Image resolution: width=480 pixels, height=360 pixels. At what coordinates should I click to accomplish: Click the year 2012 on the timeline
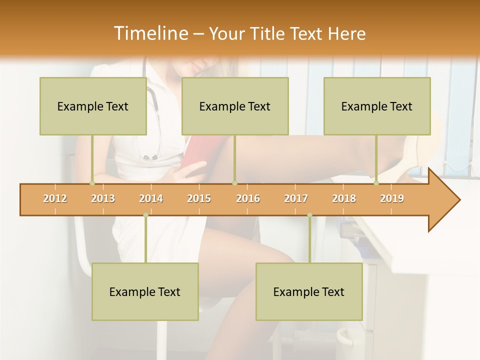click(x=55, y=198)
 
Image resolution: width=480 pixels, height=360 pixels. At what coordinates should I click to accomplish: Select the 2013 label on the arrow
click(x=103, y=198)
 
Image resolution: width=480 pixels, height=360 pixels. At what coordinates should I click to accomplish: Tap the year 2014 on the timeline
click(x=151, y=198)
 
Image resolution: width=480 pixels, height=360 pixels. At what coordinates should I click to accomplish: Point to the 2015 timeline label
click(x=199, y=198)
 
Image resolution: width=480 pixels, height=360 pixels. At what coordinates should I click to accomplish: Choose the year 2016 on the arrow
click(x=248, y=198)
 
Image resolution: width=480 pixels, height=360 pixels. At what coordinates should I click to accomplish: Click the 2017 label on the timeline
click(x=296, y=198)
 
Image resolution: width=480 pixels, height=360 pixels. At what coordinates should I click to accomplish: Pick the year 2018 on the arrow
click(x=344, y=198)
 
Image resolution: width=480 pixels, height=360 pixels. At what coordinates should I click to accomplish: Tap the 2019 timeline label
click(x=392, y=198)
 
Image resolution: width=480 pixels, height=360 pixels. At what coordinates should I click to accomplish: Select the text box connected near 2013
click(x=93, y=106)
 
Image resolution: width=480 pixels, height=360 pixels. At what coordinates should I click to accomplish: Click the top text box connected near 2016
click(x=235, y=106)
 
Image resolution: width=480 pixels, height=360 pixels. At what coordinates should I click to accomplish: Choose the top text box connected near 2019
click(x=377, y=106)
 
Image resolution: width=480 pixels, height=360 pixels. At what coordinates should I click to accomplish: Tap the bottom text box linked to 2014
click(x=145, y=291)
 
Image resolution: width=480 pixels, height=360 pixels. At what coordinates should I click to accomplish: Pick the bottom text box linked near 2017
click(x=309, y=291)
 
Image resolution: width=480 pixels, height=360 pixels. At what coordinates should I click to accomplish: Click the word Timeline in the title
click(x=149, y=33)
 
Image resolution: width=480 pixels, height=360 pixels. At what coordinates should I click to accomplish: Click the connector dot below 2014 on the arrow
click(x=145, y=215)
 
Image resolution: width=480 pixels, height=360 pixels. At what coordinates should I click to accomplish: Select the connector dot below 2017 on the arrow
click(x=309, y=215)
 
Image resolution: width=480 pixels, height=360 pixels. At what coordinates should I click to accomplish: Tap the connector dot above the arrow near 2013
click(x=92, y=183)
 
